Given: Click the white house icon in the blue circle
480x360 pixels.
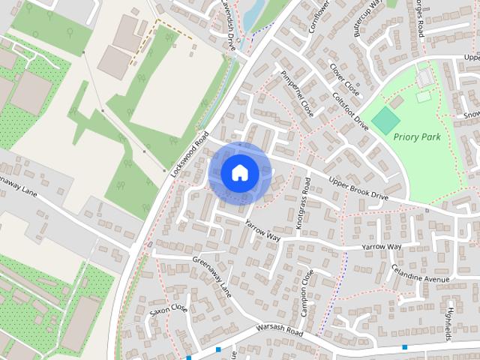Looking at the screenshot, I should [x=239, y=172].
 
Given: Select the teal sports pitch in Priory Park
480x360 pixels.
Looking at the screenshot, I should [x=386, y=118].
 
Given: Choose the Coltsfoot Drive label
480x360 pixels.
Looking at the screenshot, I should [x=349, y=109].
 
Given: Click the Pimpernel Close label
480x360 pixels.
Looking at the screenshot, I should [x=297, y=94].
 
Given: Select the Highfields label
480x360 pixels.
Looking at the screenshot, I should [x=450, y=320].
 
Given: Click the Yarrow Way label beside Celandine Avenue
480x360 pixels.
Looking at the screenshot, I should [x=381, y=247].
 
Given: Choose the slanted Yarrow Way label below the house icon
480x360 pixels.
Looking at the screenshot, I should [x=262, y=230].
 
